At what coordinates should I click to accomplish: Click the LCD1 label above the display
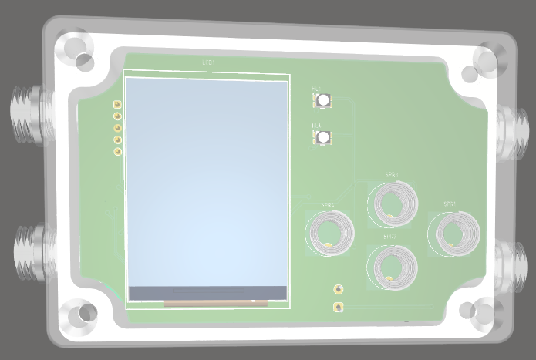tap(208, 62)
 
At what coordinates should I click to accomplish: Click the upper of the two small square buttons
tap(322, 100)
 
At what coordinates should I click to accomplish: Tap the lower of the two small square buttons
tap(322, 136)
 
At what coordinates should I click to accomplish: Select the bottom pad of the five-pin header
tap(117, 152)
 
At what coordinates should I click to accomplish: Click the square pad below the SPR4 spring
tap(338, 308)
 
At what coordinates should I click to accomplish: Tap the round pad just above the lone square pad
tap(338, 289)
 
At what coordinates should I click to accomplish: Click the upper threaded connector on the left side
tap(27, 116)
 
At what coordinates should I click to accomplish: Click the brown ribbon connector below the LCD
tap(216, 304)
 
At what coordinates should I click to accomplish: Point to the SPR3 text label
tap(392, 176)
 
